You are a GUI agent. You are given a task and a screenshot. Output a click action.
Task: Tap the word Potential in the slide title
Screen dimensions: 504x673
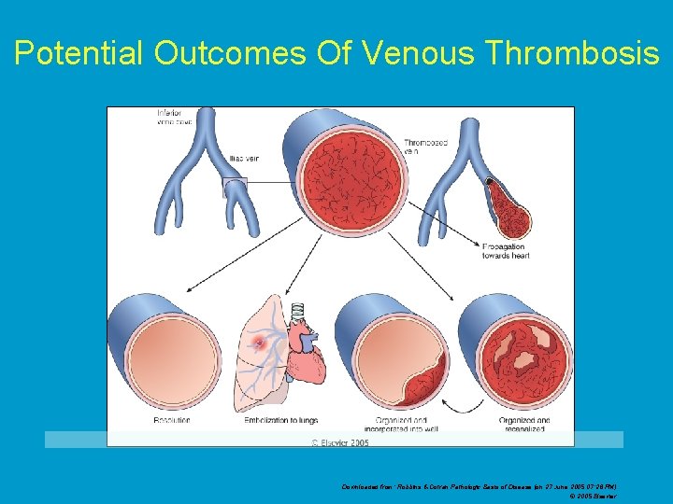pyautogui.click(x=79, y=54)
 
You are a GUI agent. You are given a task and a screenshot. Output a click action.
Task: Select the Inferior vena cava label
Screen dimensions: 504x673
pyautogui.click(x=175, y=118)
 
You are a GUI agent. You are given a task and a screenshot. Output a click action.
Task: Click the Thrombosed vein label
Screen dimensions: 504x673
pyautogui.click(x=426, y=147)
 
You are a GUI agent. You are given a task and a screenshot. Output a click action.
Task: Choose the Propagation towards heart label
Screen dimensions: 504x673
pyautogui.click(x=505, y=251)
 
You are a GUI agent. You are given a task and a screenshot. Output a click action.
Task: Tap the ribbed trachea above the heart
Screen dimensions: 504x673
pyautogui.click(x=299, y=315)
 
